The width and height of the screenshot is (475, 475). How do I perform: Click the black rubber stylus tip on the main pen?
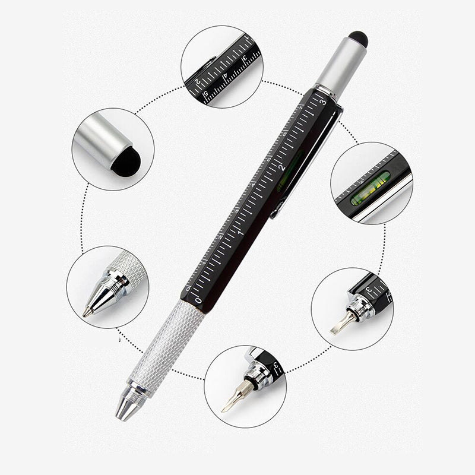pyautogui.click(x=358, y=40)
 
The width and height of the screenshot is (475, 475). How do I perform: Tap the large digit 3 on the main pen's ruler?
pyautogui.click(x=322, y=102)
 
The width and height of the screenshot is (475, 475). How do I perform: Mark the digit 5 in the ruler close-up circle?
pyautogui.click(x=205, y=94)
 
